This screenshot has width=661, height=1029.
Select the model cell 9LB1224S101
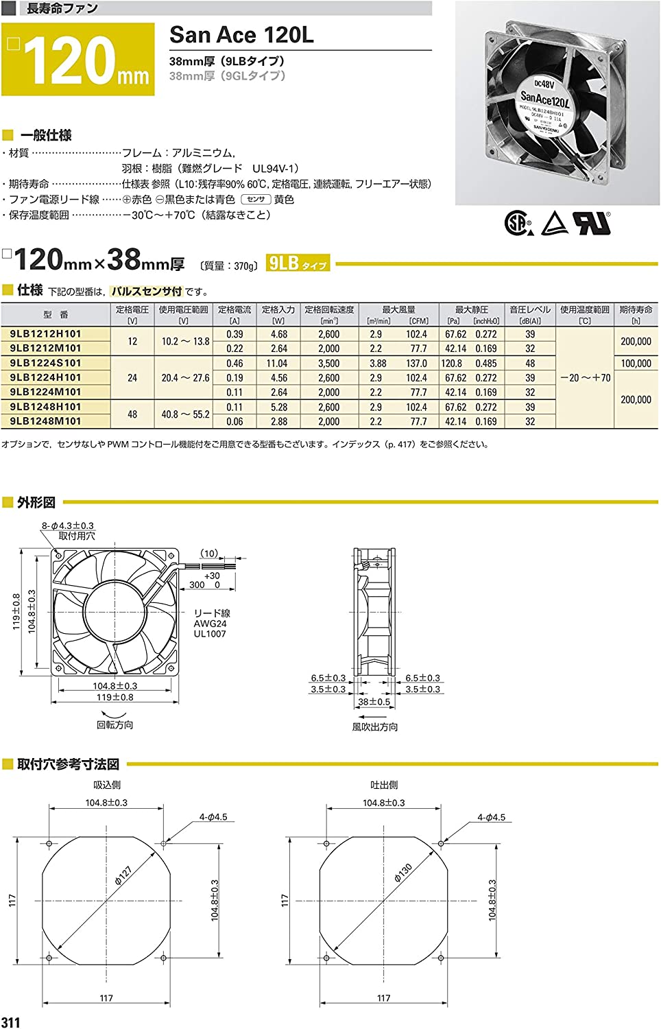tap(45, 363)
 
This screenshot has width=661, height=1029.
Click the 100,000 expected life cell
tap(635, 364)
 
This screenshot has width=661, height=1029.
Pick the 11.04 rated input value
tap(278, 364)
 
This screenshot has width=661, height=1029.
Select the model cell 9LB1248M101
tap(45, 421)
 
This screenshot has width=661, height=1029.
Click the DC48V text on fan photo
tap(544, 84)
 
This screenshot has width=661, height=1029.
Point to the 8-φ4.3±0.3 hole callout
tap(67, 525)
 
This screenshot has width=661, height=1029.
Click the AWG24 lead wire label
tap(210, 624)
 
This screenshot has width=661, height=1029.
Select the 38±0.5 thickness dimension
tap(374, 702)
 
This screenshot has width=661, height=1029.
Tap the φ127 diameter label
tap(123, 875)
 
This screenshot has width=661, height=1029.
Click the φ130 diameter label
tap(403, 873)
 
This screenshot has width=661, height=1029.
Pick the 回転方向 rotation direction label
tap(115, 725)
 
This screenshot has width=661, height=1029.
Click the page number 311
tap(11, 1022)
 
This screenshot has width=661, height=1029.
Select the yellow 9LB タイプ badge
tap(298, 263)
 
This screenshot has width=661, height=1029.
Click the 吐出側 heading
tap(383, 785)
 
